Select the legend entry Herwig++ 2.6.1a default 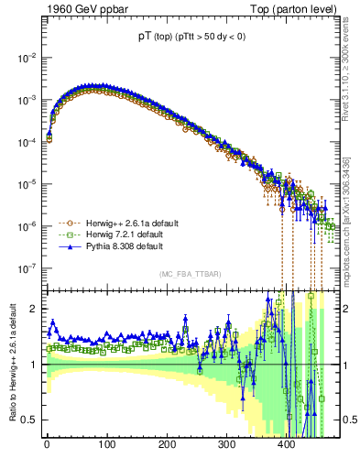tap(125, 223)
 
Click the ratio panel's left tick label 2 tap(32, 309)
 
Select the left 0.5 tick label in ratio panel tap(27, 420)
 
